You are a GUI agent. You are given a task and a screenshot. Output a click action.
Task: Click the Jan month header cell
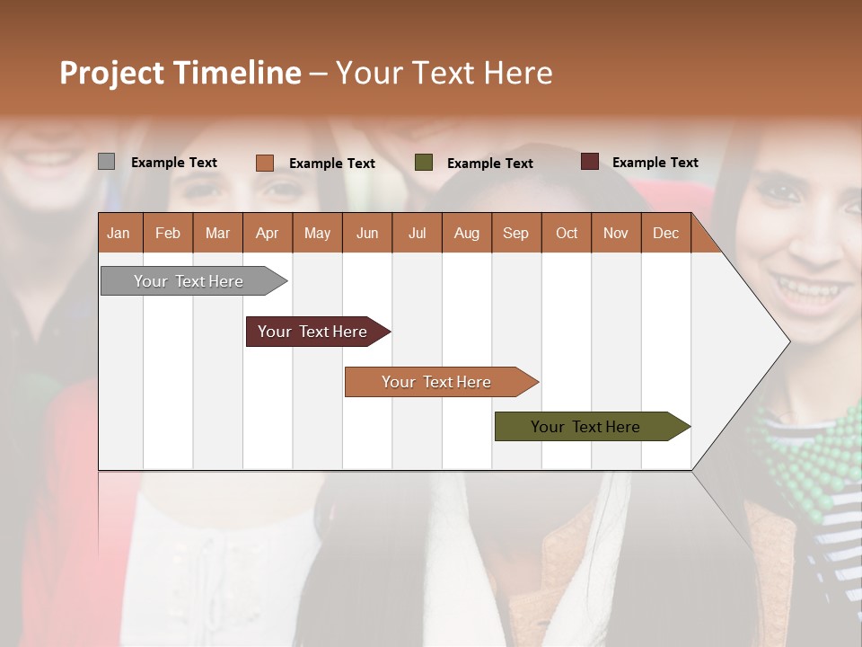(x=119, y=233)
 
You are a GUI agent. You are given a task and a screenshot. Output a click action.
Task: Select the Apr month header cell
(x=268, y=233)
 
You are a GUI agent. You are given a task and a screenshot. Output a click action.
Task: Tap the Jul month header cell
(x=417, y=233)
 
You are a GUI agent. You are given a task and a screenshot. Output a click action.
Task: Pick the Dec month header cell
(x=665, y=233)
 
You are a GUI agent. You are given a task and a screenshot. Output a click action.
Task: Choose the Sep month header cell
(x=515, y=233)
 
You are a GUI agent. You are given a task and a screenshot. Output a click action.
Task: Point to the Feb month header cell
(x=168, y=233)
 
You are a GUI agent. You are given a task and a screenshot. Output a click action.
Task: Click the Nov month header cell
(x=616, y=233)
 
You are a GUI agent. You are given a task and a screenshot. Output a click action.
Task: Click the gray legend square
(x=106, y=162)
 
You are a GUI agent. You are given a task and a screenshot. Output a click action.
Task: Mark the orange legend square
(x=264, y=163)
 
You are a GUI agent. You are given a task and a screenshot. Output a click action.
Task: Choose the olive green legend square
(x=424, y=163)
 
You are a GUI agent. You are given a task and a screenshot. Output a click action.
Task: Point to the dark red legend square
(x=589, y=162)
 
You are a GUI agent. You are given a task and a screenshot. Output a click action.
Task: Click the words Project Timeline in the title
(x=180, y=73)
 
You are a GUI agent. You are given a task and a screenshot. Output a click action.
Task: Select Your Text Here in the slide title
(x=444, y=73)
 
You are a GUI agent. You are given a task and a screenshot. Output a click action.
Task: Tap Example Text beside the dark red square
(x=655, y=163)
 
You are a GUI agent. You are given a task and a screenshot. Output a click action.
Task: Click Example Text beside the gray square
(x=174, y=163)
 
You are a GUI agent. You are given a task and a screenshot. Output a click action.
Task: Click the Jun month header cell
(x=367, y=233)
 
